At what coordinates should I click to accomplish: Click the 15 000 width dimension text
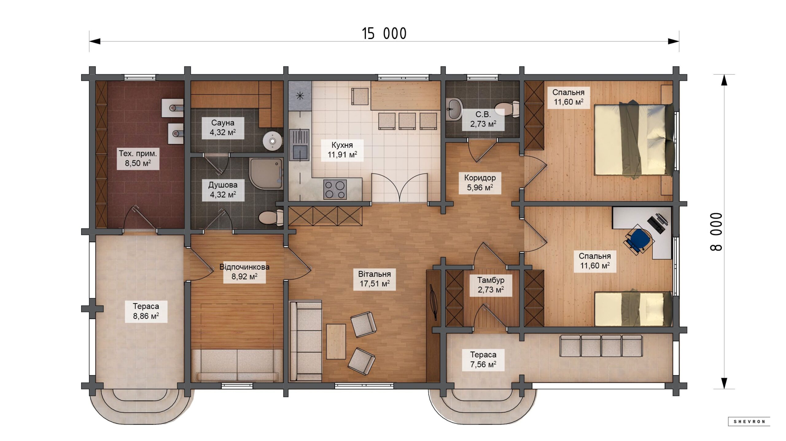384,34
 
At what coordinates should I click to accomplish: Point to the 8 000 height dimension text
716,232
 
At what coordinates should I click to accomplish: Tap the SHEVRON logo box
749,422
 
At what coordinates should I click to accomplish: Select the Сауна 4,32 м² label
223,128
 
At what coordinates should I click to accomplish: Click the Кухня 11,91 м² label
342,150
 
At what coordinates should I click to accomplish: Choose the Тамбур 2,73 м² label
491,285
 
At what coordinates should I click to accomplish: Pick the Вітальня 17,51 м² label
375,279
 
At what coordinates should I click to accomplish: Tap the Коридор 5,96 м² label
480,183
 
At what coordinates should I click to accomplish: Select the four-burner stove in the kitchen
335,189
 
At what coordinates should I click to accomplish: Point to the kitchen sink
299,145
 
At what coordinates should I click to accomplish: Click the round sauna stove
272,141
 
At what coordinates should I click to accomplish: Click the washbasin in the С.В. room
454,109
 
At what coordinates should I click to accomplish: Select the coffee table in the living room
336,341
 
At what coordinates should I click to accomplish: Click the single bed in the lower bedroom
634,309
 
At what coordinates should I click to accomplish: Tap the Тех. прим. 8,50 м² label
138,158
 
